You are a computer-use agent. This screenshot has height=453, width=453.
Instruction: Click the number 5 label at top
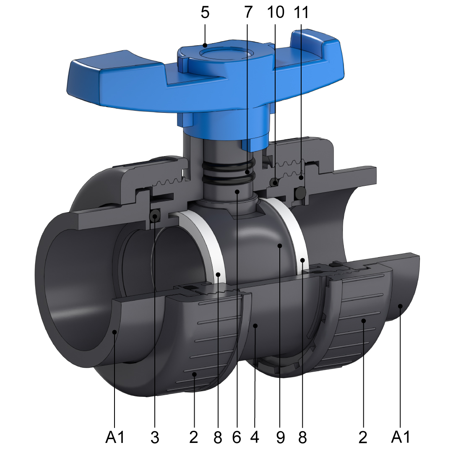(x=205, y=13)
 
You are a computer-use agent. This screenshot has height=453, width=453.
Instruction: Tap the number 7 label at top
(x=248, y=13)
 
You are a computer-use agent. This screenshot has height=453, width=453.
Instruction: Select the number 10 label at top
(x=275, y=13)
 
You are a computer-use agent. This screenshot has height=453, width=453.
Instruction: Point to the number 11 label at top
(x=301, y=13)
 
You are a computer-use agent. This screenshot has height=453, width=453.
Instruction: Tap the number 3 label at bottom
(x=155, y=437)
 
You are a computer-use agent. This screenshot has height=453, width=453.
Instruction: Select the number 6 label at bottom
(x=237, y=437)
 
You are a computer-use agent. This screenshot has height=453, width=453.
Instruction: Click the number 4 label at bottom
(x=255, y=437)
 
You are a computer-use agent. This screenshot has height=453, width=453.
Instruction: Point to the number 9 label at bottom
(x=280, y=437)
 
